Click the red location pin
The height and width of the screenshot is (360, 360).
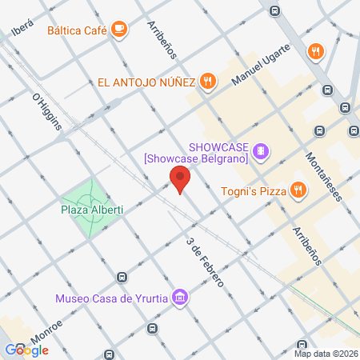point(180,179)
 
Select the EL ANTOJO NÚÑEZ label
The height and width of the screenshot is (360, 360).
point(148,81)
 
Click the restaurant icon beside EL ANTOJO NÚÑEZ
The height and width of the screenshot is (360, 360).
point(208,80)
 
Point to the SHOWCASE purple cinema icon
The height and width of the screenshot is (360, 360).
point(261,150)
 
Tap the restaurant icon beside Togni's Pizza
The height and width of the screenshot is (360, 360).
point(298,190)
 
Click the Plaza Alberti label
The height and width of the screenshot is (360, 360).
point(91,210)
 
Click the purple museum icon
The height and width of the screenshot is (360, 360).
point(181,298)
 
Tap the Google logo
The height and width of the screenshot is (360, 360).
point(27,350)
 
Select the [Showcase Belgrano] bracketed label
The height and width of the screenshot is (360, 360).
point(196,158)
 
